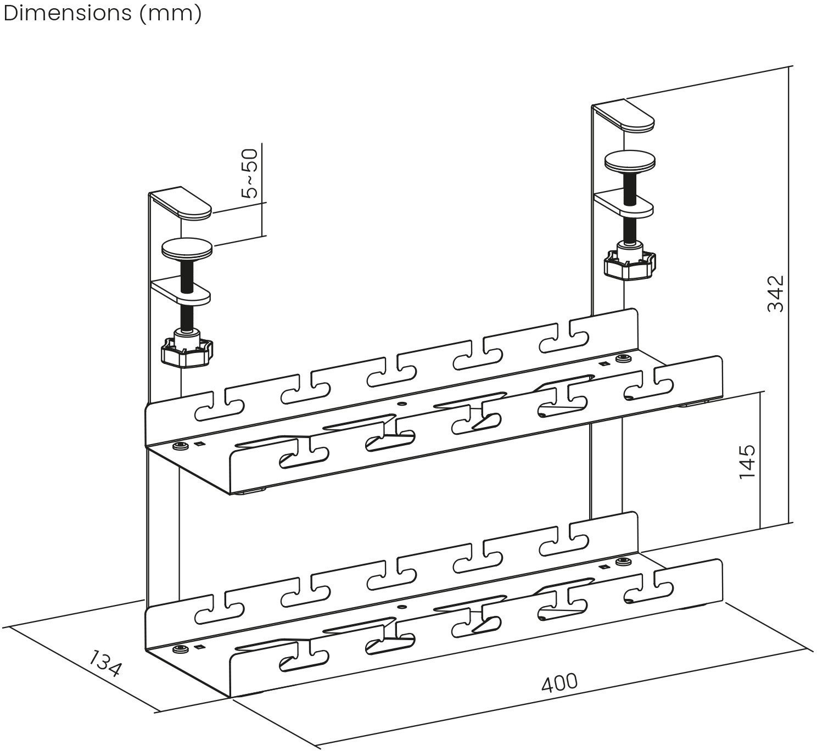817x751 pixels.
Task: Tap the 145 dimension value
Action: coord(747,461)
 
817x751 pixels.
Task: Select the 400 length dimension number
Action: coord(559,682)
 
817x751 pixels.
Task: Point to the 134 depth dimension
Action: coord(104,663)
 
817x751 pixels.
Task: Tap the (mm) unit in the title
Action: coord(170,14)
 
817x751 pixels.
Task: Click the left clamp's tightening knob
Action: coord(187,351)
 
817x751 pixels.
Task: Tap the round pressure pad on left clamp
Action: coord(187,250)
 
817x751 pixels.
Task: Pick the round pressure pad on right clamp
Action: coord(630,161)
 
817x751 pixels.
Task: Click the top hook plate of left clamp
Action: coord(181,204)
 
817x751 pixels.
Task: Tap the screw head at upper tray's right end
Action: coord(623,358)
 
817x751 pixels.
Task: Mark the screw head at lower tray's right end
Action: coord(623,562)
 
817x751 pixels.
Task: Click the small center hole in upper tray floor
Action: coord(402,403)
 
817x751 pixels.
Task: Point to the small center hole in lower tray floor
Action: coord(402,608)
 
